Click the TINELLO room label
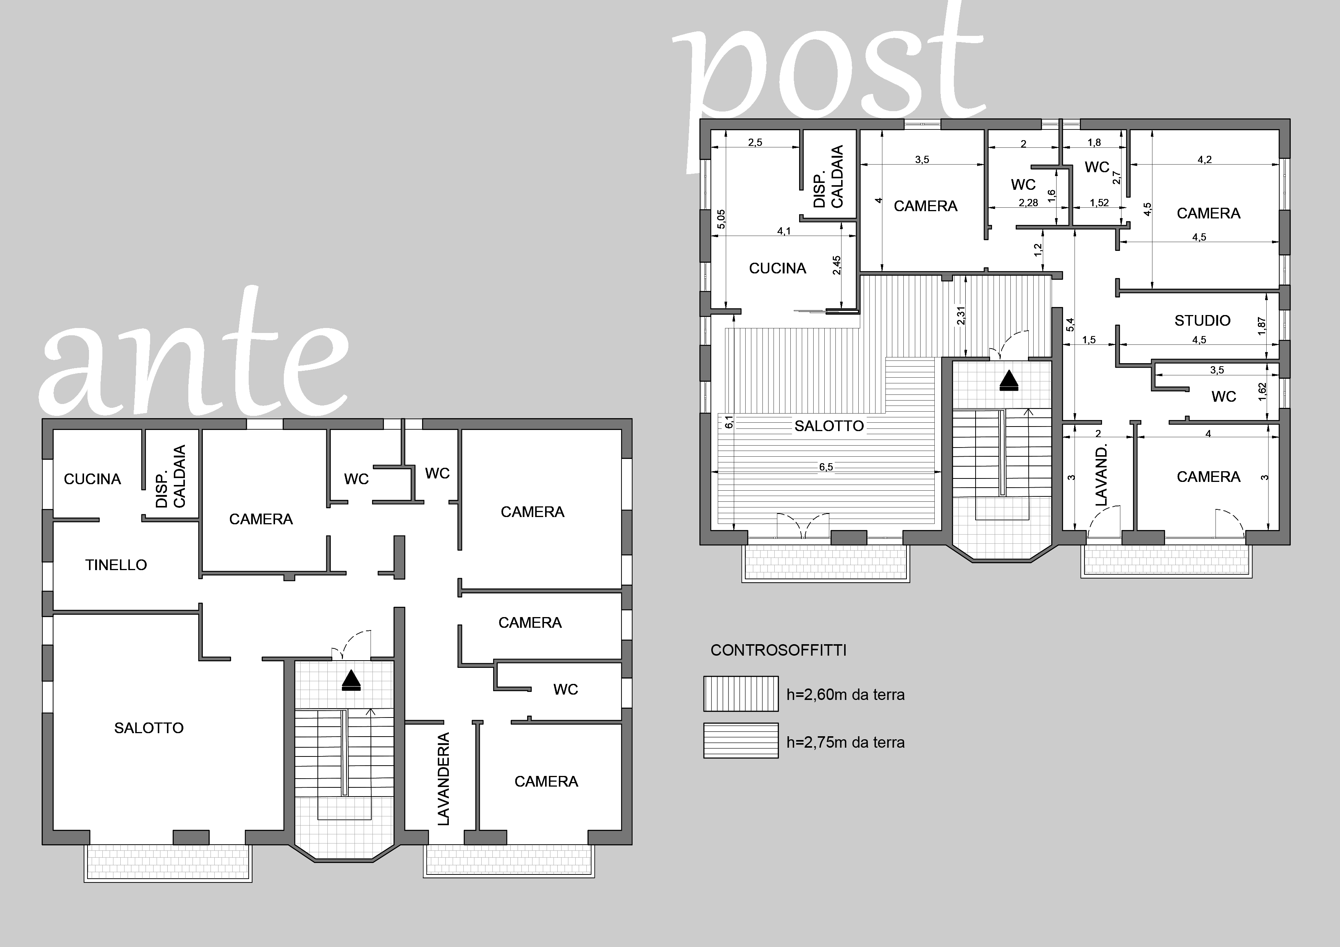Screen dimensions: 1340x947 click(116, 565)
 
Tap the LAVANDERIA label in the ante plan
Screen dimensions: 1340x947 click(444, 779)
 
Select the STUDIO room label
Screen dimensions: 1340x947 click(1202, 320)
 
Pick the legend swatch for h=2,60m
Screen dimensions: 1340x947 click(741, 694)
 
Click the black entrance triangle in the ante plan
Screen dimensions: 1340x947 click(351, 680)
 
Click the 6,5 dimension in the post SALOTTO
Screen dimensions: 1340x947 click(826, 467)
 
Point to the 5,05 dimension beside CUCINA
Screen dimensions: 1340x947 click(721, 219)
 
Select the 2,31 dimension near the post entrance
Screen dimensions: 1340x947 click(961, 316)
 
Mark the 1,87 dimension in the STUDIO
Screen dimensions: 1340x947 click(1261, 326)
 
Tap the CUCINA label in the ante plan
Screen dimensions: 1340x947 click(92, 479)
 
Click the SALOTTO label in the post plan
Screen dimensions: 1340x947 click(829, 426)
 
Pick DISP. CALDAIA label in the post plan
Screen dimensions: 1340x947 click(829, 177)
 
